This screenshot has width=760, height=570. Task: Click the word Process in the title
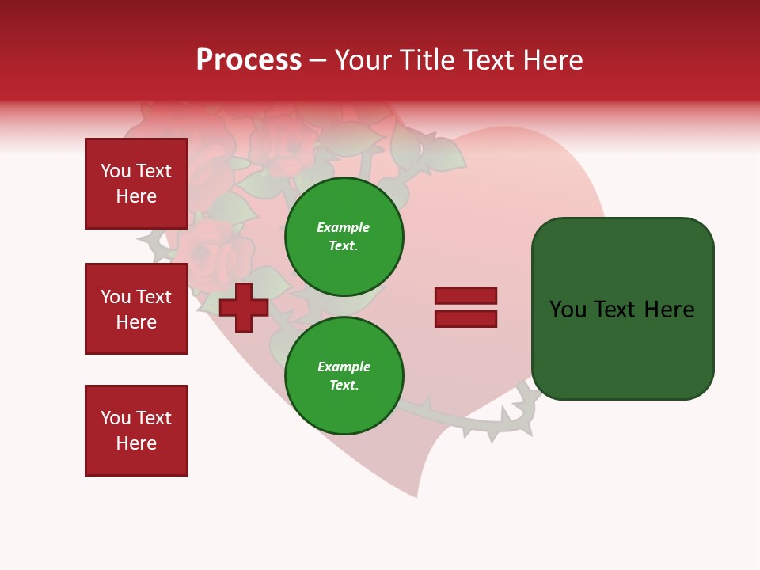point(249,60)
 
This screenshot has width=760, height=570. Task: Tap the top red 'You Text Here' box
point(136,184)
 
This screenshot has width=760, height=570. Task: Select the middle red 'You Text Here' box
point(136,309)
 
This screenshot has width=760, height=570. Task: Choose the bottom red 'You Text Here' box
point(136,431)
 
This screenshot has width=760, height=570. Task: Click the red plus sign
point(244,307)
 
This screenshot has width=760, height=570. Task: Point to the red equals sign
point(465,307)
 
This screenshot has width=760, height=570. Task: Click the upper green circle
point(344,237)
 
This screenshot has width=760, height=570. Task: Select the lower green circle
point(344,376)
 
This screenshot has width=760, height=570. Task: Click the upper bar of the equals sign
point(465,296)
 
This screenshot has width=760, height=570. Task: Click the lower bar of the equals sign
point(465,319)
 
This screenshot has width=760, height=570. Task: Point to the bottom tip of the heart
point(416,496)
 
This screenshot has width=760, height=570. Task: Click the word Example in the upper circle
point(343,227)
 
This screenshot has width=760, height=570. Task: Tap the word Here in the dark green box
point(670,310)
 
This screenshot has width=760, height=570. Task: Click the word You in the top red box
point(116,171)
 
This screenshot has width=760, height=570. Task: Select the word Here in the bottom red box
point(136,443)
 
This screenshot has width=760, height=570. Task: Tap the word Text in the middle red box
point(153,297)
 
